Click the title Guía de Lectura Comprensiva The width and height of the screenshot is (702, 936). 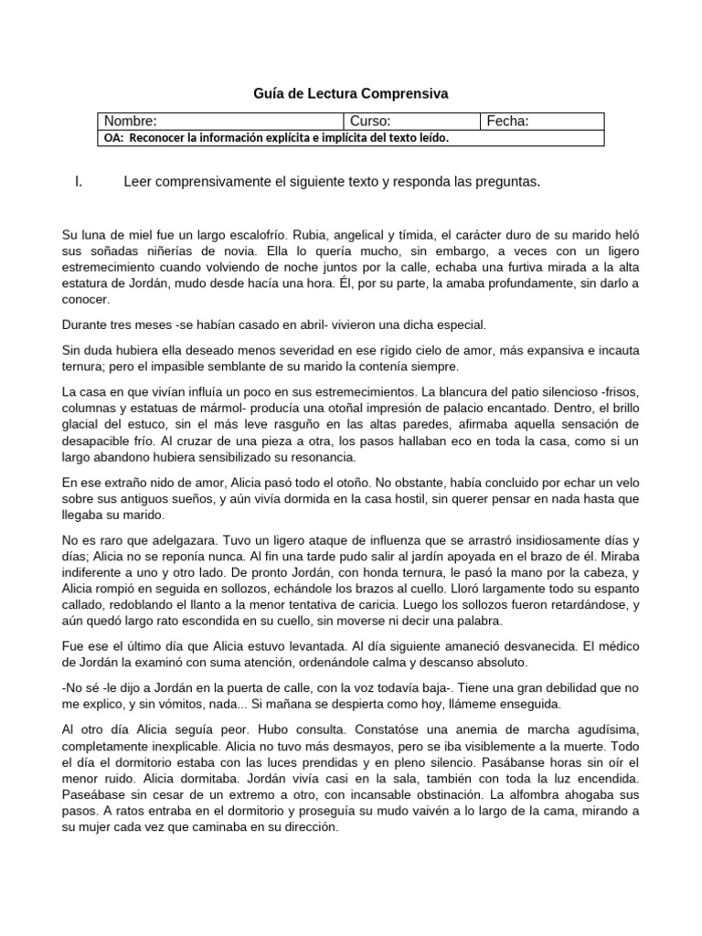350,93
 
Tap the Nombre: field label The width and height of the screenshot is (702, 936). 130,122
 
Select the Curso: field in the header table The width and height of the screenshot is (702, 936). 370,122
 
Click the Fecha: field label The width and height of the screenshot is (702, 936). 509,122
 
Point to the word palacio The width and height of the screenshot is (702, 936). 452,408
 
